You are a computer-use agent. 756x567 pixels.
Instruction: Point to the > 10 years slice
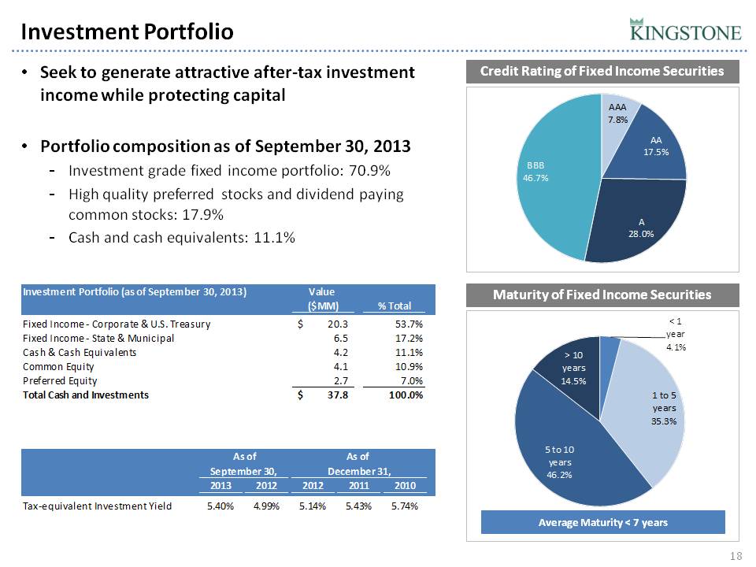pos(570,369)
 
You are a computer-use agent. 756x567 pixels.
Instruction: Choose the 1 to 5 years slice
pos(654,409)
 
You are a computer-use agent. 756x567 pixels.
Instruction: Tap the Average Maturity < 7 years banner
pos(602,523)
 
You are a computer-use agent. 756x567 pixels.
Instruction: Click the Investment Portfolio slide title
pos(127,31)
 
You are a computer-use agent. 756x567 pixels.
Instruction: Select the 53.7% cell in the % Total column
pos(408,324)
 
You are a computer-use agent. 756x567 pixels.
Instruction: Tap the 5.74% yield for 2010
pos(404,506)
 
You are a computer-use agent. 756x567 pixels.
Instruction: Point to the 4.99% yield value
pos(260,506)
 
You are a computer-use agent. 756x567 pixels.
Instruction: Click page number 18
pos(737,557)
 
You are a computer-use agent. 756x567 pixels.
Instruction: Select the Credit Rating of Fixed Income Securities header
pos(602,72)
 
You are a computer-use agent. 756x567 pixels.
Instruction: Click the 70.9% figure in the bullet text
pos(373,171)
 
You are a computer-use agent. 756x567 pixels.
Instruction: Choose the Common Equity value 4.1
pos(339,366)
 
